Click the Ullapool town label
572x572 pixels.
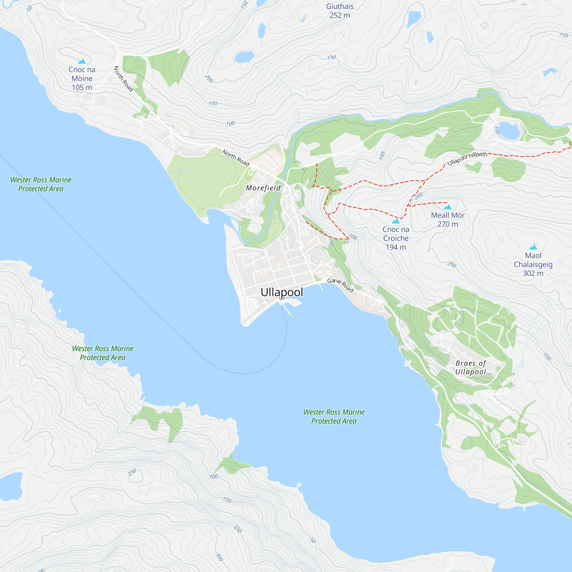pos(282,292)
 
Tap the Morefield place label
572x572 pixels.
pos(263,188)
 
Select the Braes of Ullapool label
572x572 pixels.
pos(470,368)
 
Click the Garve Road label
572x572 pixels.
pos(340,285)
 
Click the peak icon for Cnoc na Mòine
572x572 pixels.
pos(82,61)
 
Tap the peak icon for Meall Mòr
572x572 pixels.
pos(448,207)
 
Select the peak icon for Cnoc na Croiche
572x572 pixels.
pos(396,221)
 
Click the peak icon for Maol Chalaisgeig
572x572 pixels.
pos(533,247)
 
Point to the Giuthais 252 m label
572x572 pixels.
pos(340,11)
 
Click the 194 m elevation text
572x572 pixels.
pos(396,247)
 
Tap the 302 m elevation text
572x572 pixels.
pos(533,273)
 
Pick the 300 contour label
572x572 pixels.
pos(219,557)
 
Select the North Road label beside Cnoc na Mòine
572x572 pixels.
pos(124,79)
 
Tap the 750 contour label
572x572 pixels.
pos(564,35)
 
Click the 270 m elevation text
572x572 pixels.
pos(448,224)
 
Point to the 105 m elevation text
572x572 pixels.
pos(82,87)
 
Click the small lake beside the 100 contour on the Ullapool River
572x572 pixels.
pos(510,130)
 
